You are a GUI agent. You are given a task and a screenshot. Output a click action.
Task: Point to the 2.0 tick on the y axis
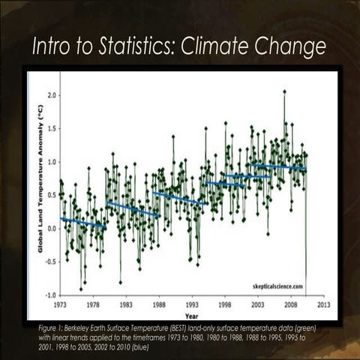[52, 95]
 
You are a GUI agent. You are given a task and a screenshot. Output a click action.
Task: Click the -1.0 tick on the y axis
[51, 295]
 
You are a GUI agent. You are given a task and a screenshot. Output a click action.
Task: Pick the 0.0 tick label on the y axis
[52, 228]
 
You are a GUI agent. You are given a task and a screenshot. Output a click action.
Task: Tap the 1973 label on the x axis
[61, 305]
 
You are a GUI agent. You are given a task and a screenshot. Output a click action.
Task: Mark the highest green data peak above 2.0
[284, 92]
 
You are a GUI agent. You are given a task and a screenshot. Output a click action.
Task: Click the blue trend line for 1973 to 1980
[82, 222]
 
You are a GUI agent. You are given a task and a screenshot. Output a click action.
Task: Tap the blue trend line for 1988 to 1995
[180, 198]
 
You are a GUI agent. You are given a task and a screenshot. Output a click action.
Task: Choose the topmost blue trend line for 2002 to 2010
[278, 166]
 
